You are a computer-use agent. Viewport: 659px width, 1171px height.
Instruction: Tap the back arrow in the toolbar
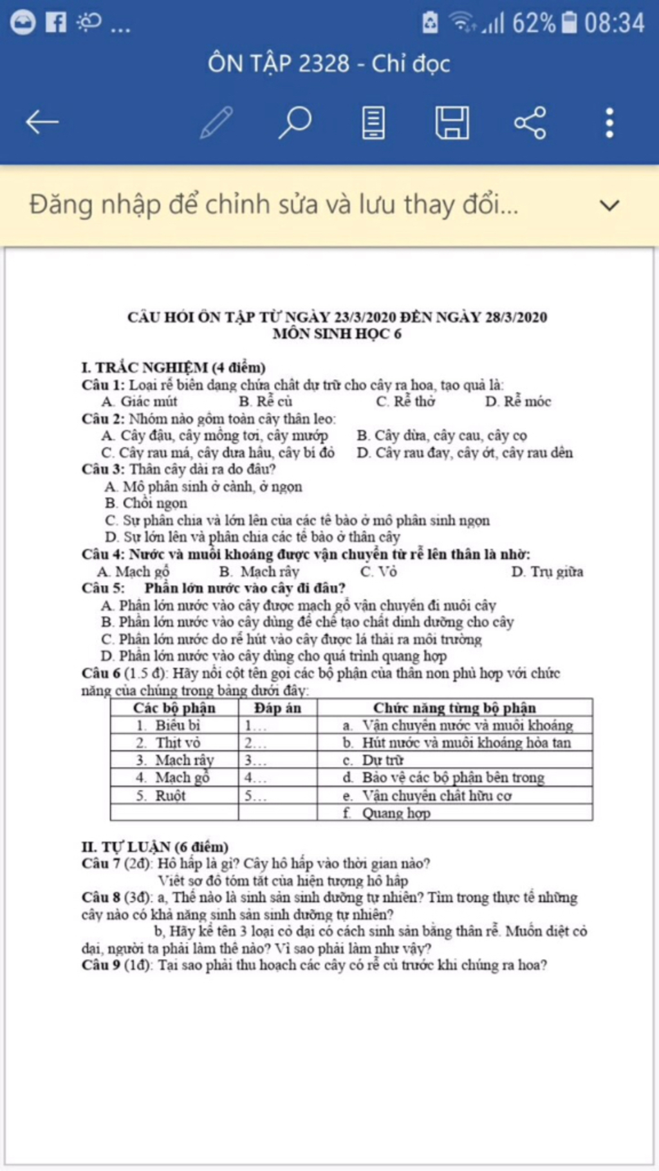pyautogui.click(x=42, y=122)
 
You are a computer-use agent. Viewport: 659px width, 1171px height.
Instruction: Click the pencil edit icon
pyautogui.click(x=216, y=122)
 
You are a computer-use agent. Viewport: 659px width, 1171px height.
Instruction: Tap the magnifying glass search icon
pyautogui.click(x=295, y=122)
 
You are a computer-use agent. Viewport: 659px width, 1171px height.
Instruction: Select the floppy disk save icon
pyautogui.click(x=452, y=122)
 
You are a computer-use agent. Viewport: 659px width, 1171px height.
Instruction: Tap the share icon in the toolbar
pyautogui.click(x=530, y=122)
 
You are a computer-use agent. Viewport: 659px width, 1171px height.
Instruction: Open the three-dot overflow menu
pyautogui.click(x=609, y=122)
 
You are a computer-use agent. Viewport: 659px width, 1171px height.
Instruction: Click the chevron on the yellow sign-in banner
pyautogui.click(x=609, y=206)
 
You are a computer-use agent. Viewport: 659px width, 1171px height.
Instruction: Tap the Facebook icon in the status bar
pyautogui.click(x=56, y=23)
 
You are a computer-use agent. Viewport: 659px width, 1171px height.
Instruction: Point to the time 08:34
pyautogui.click(x=614, y=23)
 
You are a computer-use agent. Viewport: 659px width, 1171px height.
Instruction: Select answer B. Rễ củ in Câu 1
pyautogui.click(x=266, y=401)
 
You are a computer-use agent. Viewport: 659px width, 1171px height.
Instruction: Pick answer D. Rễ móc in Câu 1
pyautogui.click(x=518, y=401)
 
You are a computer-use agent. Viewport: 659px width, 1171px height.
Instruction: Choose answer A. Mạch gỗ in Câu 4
pyautogui.click(x=133, y=571)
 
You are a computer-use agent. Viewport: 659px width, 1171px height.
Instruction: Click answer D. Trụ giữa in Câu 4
pyautogui.click(x=547, y=571)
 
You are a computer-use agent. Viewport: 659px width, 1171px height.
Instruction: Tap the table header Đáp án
pyautogui.click(x=277, y=708)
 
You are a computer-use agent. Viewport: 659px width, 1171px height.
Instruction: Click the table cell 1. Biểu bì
pyautogui.click(x=169, y=725)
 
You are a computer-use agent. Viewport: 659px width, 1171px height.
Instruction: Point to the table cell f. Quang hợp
pyautogui.click(x=387, y=813)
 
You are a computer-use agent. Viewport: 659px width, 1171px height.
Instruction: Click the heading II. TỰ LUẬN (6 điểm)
pyautogui.click(x=155, y=847)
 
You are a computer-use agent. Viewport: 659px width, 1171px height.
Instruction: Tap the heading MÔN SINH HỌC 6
pyautogui.click(x=337, y=333)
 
